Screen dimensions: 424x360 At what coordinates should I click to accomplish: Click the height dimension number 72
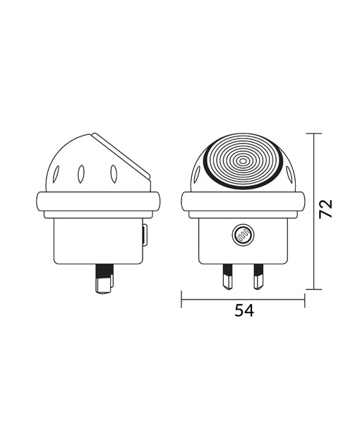pyautogui.click(x=325, y=208)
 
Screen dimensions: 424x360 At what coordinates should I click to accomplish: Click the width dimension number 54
pyautogui.click(x=244, y=310)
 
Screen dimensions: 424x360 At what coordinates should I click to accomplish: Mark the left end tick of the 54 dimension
pyautogui.click(x=182, y=299)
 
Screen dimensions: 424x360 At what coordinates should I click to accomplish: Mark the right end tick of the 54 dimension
pyautogui.click(x=305, y=299)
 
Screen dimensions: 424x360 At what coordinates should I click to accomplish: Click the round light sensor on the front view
pyautogui.click(x=242, y=233)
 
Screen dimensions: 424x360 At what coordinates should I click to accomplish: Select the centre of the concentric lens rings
pyautogui.click(x=244, y=161)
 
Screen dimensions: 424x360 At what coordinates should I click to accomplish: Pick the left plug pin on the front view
pyautogui.click(x=228, y=276)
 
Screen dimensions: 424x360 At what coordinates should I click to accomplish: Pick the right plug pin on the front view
pyautogui.click(x=258, y=276)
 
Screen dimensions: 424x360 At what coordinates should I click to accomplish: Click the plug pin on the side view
pyautogui.click(x=104, y=279)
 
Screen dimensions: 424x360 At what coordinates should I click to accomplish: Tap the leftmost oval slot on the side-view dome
pyautogui.click(x=56, y=172)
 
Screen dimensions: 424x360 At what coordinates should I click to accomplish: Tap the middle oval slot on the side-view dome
pyautogui.click(x=81, y=172)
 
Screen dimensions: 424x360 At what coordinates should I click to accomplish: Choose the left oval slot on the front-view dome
pyautogui.click(x=197, y=172)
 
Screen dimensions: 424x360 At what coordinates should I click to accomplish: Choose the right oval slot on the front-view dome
pyautogui.click(x=290, y=172)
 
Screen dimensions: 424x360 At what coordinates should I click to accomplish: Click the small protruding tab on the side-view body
pyautogui.click(x=145, y=235)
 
